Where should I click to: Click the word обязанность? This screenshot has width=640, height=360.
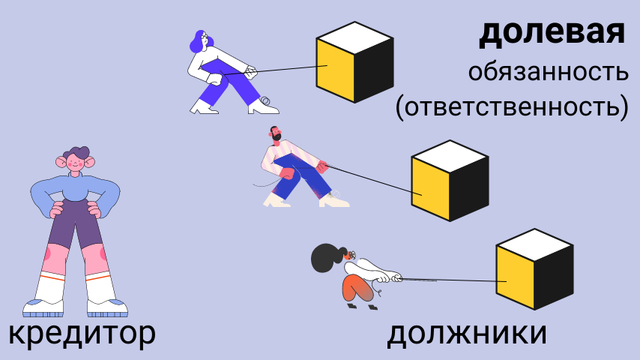tap(548, 73)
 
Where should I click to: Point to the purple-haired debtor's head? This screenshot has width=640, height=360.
tap(202, 41)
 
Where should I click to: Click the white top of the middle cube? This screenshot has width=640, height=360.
tap(450, 153)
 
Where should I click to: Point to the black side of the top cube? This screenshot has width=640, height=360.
tap(374, 69)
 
